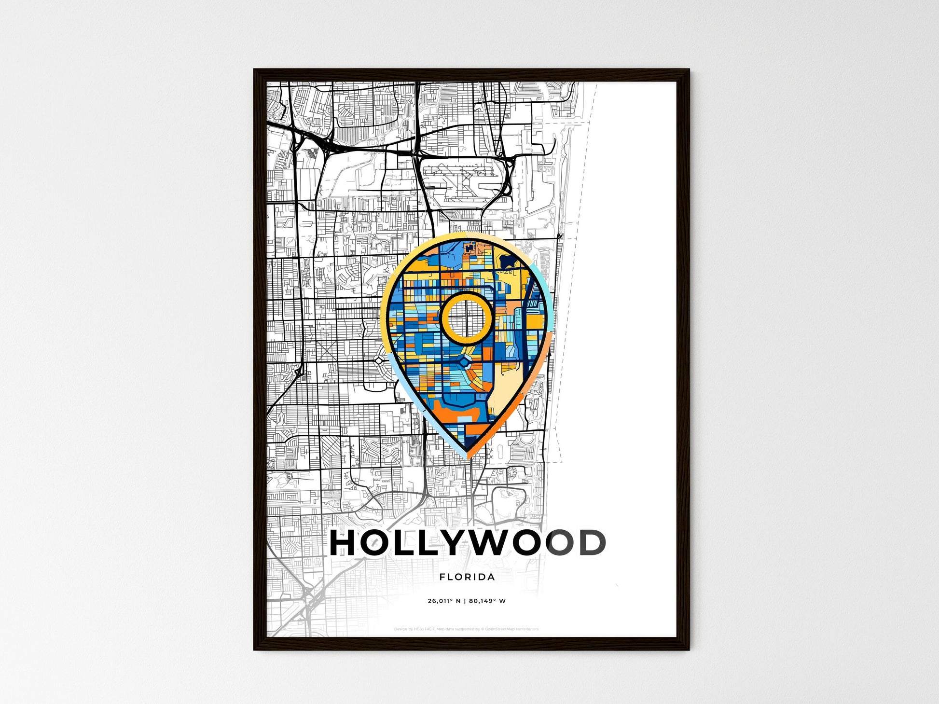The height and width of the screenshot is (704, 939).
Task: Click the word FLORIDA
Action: pyautogui.click(x=467, y=577)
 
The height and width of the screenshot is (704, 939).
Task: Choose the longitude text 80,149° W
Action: pyautogui.click(x=487, y=601)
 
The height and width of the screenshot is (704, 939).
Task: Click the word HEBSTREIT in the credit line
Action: pyautogui.click(x=424, y=629)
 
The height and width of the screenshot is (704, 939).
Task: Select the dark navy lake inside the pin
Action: pyautogui.click(x=507, y=261)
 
